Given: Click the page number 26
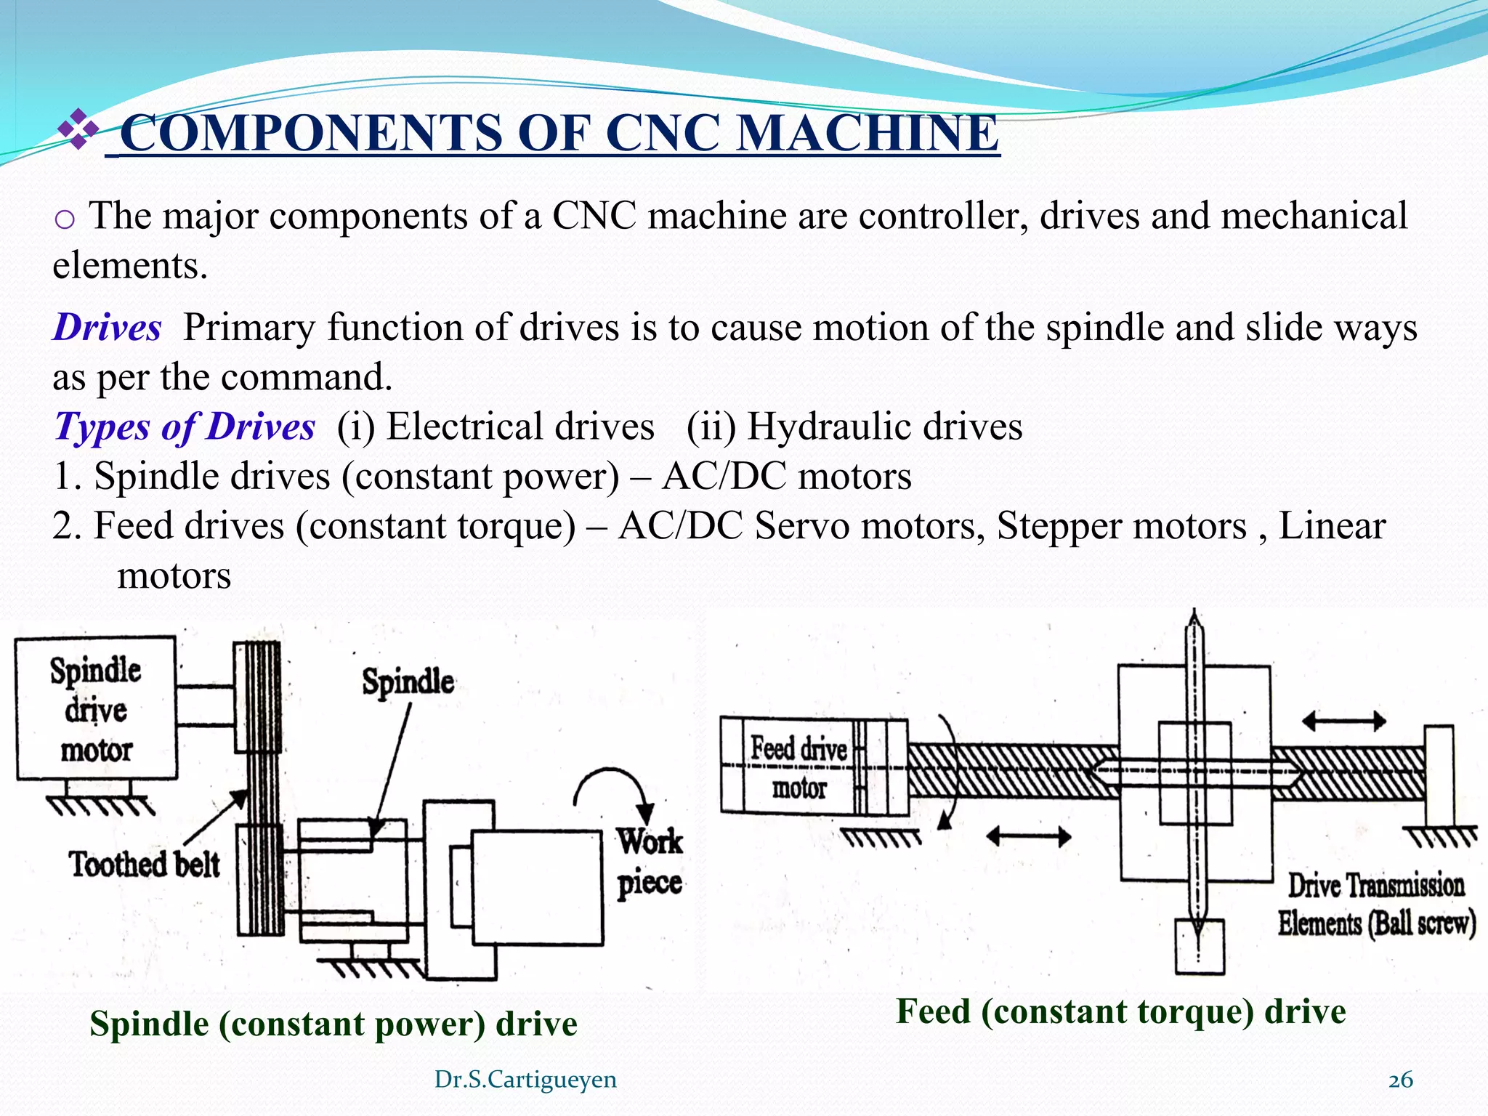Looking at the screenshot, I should coord(1400,1080).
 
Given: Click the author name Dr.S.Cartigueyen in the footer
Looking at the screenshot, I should coord(525,1080).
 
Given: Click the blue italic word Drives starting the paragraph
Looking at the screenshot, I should coord(108,327).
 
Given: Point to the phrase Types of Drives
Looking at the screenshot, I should coord(185,426).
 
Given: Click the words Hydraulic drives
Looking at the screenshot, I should coord(885,426).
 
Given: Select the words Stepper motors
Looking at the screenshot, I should coord(1121,526).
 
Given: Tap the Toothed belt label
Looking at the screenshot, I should coord(144,865).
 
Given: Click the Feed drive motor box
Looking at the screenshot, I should coord(799,767).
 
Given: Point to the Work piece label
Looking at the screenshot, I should coord(650,862).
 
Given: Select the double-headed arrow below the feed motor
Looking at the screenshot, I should coord(1028,837).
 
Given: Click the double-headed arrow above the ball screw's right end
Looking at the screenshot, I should coord(1344,721).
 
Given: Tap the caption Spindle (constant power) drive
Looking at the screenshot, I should coord(333,1024).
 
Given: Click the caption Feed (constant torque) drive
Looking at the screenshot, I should coord(1120,1011).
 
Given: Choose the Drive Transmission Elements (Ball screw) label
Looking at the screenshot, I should coord(1376,905).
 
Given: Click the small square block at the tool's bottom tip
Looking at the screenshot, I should coord(1199,946).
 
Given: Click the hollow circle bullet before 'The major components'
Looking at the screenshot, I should coord(65,219).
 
